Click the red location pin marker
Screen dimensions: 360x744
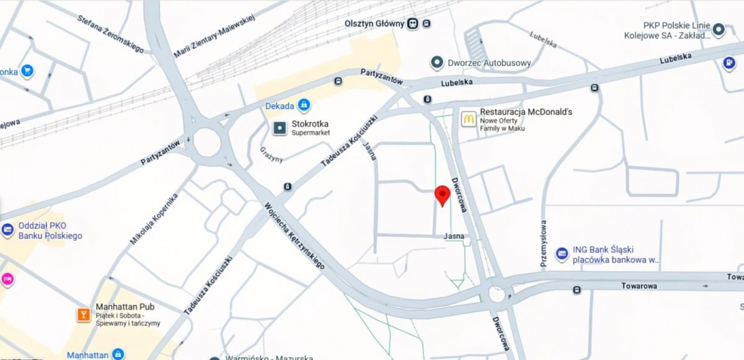(442, 195)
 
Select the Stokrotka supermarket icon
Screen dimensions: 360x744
(280, 128)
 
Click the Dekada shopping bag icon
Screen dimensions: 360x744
(303, 106)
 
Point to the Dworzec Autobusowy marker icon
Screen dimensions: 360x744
(437, 63)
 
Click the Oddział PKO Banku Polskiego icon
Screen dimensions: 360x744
(7, 230)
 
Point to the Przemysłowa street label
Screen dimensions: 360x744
(544, 244)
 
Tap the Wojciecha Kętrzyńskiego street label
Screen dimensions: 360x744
(295, 235)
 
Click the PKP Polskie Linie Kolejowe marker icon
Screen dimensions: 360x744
(719, 29)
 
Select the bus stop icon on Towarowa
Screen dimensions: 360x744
(577, 290)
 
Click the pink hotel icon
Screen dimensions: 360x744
(7, 279)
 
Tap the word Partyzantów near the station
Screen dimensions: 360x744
(382, 77)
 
